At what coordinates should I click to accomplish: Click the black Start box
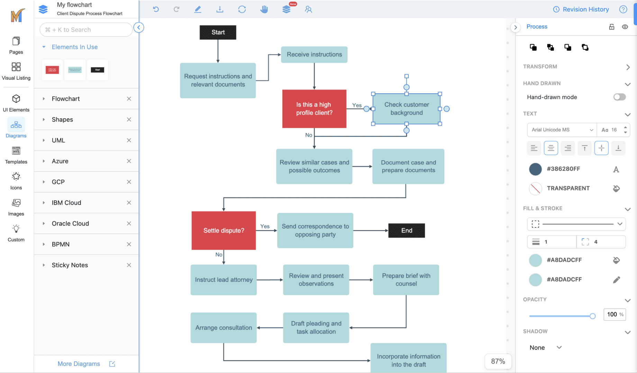218,32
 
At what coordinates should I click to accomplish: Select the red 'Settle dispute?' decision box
224,230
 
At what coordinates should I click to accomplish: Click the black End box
406,230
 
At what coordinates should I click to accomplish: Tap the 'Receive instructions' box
314,55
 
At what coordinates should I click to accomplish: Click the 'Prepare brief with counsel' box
406,280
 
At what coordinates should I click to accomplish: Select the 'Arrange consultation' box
223,327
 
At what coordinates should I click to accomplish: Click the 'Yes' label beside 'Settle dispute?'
265,226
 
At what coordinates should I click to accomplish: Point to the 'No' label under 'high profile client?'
308,135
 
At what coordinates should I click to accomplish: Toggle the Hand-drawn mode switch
619,97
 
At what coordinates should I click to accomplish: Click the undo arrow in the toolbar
156,9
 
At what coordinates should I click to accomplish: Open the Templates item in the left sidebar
16,155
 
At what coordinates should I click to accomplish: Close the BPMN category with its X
129,244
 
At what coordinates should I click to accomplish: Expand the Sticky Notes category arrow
44,265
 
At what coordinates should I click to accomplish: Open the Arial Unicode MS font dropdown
562,130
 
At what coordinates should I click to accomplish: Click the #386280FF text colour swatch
535,169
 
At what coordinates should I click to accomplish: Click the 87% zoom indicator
498,361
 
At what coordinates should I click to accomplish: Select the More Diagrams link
79,364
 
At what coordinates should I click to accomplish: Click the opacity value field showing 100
612,314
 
